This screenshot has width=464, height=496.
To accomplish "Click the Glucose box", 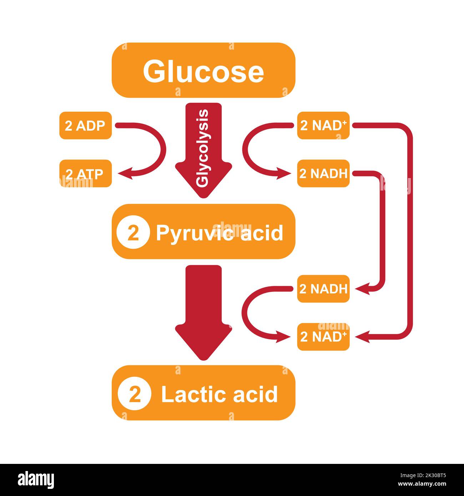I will [x=203, y=70].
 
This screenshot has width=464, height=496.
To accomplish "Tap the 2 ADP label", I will [x=85, y=126].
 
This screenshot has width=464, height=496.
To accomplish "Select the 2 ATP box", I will [x=85, y=174].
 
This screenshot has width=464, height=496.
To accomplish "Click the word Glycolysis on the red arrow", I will [x=203, y=148].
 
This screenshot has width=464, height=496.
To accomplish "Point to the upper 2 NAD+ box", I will [x=323, y=126].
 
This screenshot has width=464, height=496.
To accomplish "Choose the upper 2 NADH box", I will [x=323, y=174].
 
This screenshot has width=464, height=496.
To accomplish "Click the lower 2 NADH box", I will [x=323, y=289].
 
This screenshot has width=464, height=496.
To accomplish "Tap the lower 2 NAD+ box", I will [x=323, y=337].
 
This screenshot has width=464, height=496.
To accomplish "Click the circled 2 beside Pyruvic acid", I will [x=133, y=233].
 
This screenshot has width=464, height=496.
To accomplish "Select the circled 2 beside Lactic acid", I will [x=134, y=394].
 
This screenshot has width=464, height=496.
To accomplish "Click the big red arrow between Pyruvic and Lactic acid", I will [x=203, y=310].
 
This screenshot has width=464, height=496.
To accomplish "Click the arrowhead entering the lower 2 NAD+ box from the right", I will [x=362, y=337].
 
